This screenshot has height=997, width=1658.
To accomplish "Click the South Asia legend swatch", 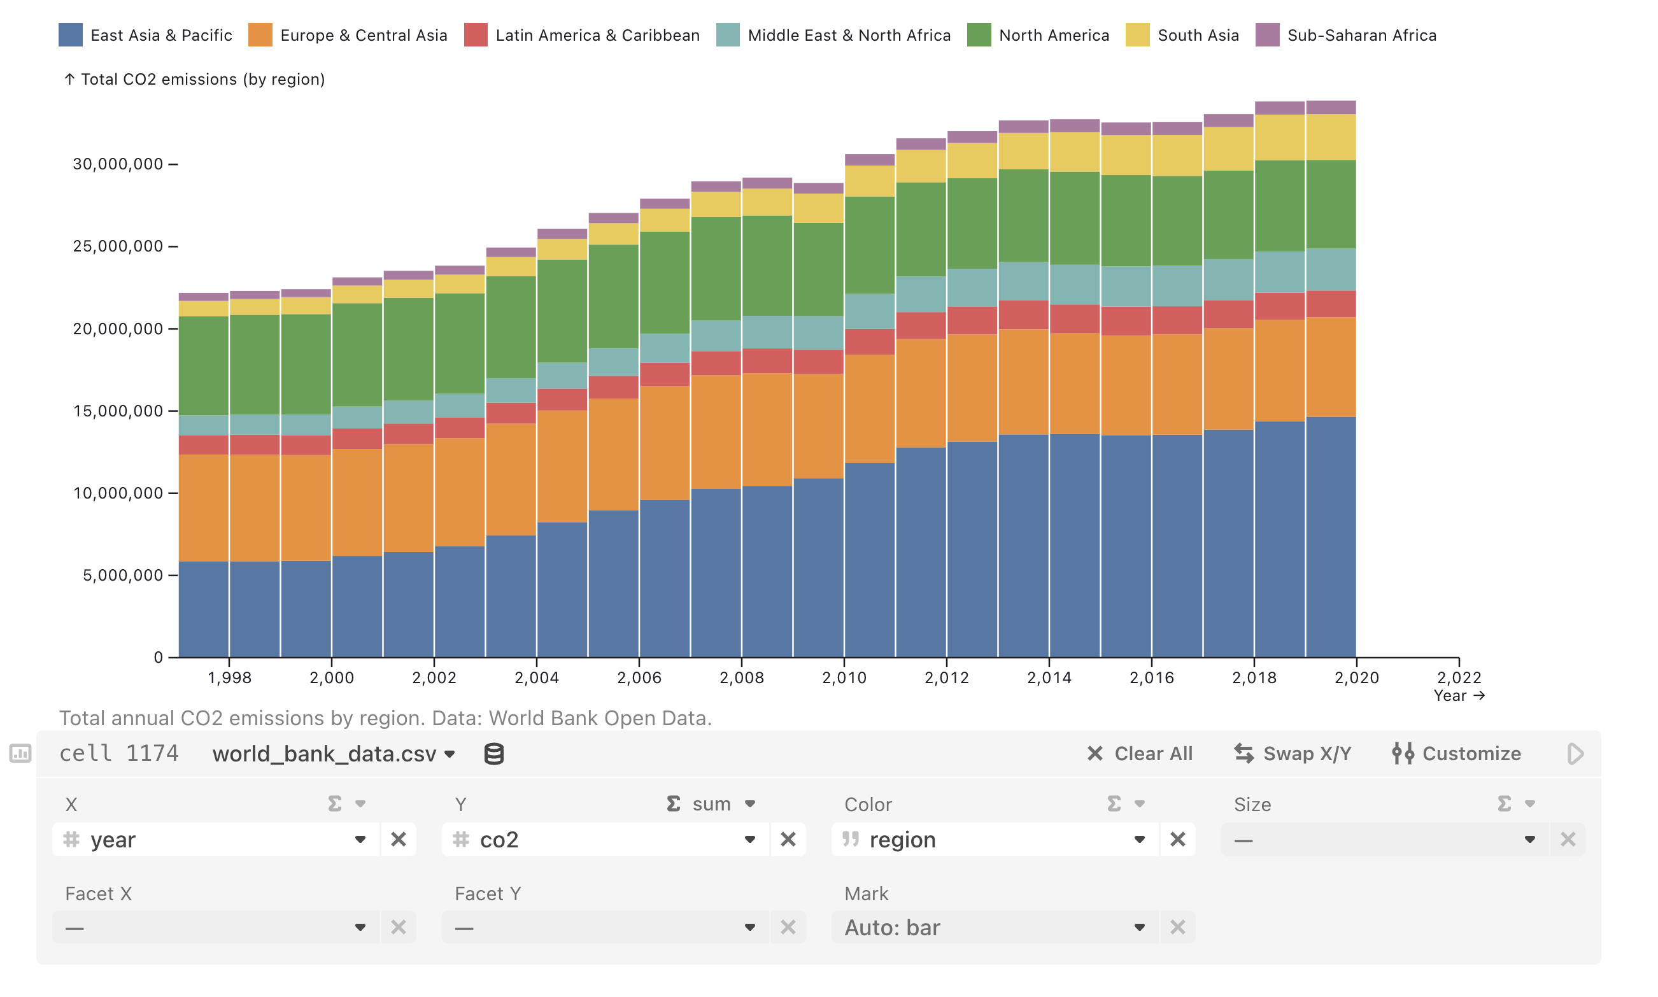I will coord(1137,35).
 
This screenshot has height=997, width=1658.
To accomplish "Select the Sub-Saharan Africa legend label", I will coord(1361,35).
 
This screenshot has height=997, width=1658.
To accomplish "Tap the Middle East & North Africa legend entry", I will coord(849,35).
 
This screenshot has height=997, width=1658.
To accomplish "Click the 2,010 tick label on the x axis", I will coord(844,677).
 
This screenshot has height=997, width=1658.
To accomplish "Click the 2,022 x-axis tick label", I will coord(1459,677).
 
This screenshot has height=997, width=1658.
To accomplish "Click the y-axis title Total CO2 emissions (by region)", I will coord(202,80).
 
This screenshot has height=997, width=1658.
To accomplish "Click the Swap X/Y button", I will coord(1293,753).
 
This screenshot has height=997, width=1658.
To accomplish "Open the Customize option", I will coord(1456,753).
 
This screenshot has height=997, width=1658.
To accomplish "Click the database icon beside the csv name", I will coord(494,754).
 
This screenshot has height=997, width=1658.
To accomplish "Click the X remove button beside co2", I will coord(788,839).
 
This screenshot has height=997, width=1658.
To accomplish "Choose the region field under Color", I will coord(995,839).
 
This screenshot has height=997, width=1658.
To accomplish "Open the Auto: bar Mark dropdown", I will coord(995,927).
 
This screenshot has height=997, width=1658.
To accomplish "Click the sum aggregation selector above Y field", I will coord(711,803).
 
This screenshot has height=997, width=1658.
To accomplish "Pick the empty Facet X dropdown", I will coord(215,927).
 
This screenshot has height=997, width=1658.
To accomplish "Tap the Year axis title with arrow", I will coord(1459,695).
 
